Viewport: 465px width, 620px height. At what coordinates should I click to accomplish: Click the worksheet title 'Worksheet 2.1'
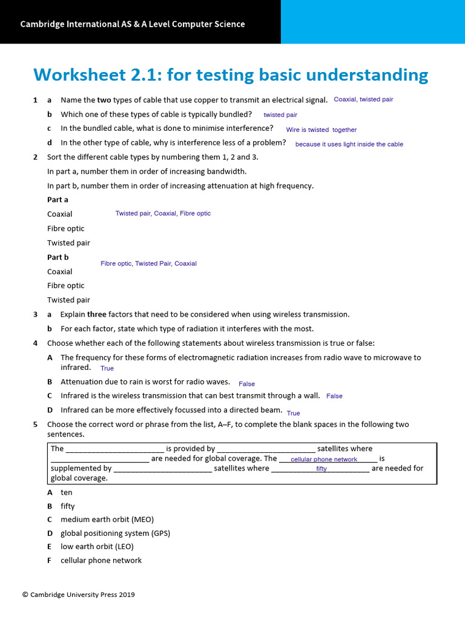(97, 75)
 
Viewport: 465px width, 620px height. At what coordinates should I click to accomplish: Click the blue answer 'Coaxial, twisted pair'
(363, 99)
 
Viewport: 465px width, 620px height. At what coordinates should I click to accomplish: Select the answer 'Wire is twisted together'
(321, 130)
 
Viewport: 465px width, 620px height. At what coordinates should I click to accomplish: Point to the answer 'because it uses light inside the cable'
(349, 144)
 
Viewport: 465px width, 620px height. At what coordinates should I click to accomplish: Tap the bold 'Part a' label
(58, 199)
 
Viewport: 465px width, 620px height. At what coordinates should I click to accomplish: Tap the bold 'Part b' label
(58, 257)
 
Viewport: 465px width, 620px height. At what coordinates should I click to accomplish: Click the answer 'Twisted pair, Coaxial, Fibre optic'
(163, 213)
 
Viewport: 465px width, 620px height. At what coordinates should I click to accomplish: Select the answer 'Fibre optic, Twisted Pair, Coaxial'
(148, 263)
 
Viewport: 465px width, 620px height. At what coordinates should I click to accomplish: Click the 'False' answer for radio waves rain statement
(246, 384)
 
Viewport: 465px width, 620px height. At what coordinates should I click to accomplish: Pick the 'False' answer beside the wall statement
(334, 396)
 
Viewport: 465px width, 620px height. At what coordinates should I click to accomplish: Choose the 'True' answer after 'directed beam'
(293, 413)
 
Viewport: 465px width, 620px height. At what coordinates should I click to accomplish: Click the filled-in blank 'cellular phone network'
(324, 460)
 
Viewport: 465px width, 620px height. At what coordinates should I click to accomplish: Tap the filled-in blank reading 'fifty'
(321, 469)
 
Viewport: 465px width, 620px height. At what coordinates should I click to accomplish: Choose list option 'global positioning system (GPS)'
(115, 533)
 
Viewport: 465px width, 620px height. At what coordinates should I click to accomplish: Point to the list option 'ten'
(66, 492)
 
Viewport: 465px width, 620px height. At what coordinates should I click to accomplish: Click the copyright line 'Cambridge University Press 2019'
(79, 595)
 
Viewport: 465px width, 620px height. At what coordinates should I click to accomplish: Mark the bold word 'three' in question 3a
(97, 314)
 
